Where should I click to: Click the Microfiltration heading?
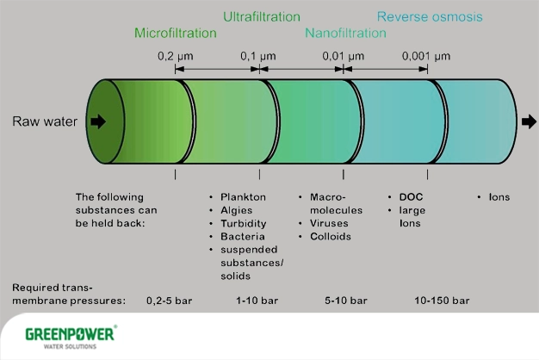point(176,33)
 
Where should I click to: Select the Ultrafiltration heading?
point(262,16)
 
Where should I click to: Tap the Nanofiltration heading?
point(345,33)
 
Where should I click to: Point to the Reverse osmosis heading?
point(430,16)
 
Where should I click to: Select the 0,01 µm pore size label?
point(344,56)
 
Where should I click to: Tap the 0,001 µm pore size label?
point(428,56)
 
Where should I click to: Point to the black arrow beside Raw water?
point(98,121)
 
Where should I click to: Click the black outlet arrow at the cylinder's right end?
point(528,121)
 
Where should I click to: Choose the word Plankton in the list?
point(243,197)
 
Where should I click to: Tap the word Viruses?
point(329,223)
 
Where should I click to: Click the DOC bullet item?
point(412,197)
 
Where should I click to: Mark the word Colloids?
point(331,236)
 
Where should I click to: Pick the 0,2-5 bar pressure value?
point(168,301)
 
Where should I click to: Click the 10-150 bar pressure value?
point(442,301)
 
